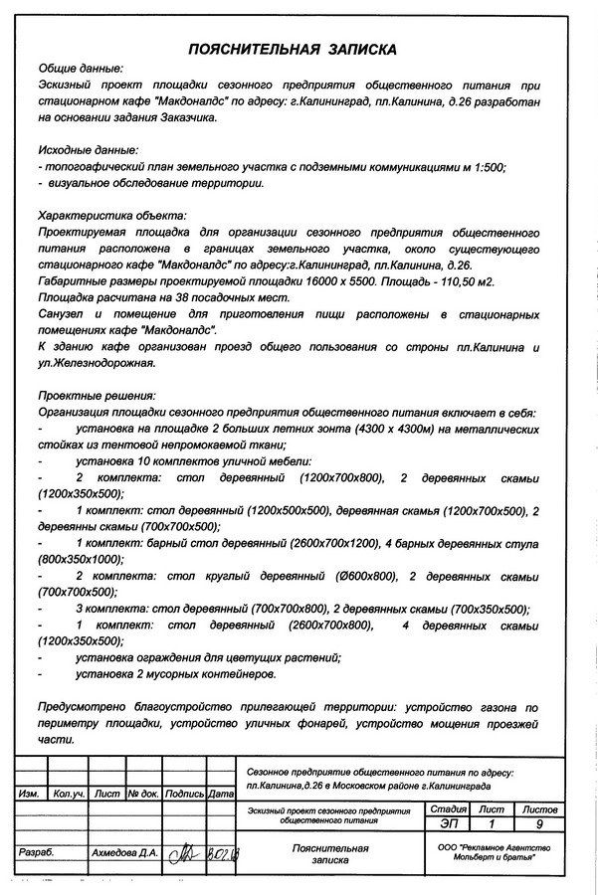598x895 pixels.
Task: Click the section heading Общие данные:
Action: (x=81, y=69)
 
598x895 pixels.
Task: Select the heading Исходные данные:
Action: (x=88, y=149)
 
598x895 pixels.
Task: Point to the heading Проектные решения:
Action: (x=93, y=393)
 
